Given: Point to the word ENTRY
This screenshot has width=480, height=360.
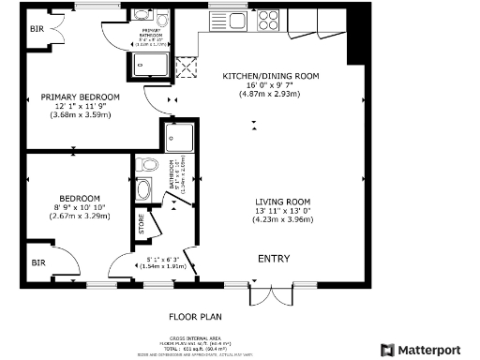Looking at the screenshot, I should coord(274,259).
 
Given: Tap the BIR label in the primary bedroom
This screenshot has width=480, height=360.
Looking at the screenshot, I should coord(37,29).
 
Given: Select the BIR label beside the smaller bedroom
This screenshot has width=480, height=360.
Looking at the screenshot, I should coord(37,263).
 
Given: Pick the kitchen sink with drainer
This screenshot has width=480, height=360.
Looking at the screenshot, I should coord(232,19).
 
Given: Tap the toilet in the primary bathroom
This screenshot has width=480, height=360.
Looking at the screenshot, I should coord(161,19).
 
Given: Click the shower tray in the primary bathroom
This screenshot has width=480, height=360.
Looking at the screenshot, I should coord(150,64).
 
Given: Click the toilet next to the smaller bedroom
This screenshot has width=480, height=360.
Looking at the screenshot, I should coord(144,165).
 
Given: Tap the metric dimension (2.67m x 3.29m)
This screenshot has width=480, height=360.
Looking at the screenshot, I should coord(80,217).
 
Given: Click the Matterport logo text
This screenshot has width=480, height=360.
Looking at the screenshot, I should coord(432,349).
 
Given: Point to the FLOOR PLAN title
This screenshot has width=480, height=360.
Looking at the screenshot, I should coord(195,317).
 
